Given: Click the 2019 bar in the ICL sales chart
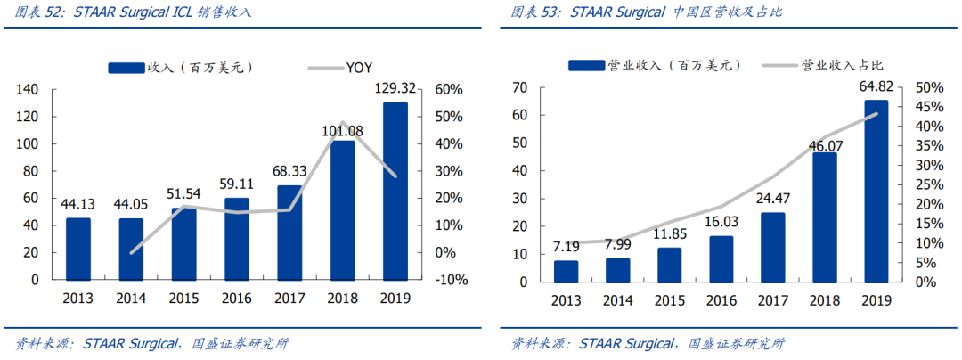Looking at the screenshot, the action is pyautogui.click(x=395, y=191).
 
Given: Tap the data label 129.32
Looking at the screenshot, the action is pyautogui.click(x=395, y=90).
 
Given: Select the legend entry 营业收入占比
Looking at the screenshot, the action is pyautogui.click(x=822, y=65).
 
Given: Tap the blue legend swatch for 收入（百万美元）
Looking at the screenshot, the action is pyautogui.click(x=126, y=68).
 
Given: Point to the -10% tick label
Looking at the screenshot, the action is pyautogui.click(x=451, y=281).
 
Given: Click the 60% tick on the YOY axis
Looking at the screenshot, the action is pyautogui.click(x=447, y=90).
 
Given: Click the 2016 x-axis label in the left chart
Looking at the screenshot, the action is pyautogui.click(x=236, y=299).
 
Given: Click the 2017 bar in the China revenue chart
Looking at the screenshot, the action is pyautogui.click(x=771, y=247).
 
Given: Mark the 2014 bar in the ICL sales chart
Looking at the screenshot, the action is pyautogui.click(x=131, y=249).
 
